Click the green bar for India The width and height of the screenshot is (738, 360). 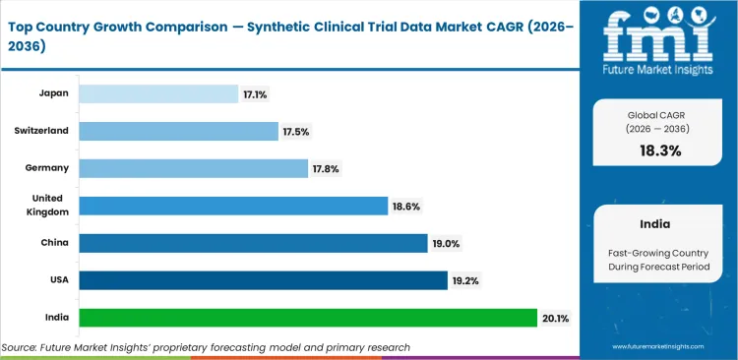pyautogui.click(x=308, y=318)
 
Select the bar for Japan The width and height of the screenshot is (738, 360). pyautogui.click(x=157, y=93)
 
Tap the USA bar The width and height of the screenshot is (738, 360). pyautogui.click(x=263, y=280)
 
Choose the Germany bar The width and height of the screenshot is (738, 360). pyautogui.click(x=193, y=168)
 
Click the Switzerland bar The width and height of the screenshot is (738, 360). pyautogui.click(x=178, y=131)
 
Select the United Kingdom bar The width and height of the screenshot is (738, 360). pyautogui.click(x=233, y=206)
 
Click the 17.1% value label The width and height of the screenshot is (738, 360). pyautogui.click(x=254, y=93)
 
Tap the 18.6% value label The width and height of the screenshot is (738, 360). pyautogui.click(x=404, y=206)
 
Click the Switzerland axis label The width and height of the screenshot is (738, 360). pyautogui.click(x=41, y=131)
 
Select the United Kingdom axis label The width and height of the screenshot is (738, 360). pyautogui.click(x=47, y=206)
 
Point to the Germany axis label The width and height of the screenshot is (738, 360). pyautogui.click(x=46, y=168)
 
